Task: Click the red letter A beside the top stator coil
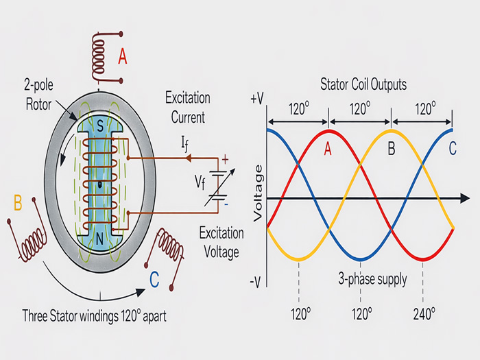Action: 123,58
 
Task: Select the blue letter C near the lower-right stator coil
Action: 155,279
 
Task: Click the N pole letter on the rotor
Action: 101,239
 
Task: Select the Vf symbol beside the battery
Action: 199,182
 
